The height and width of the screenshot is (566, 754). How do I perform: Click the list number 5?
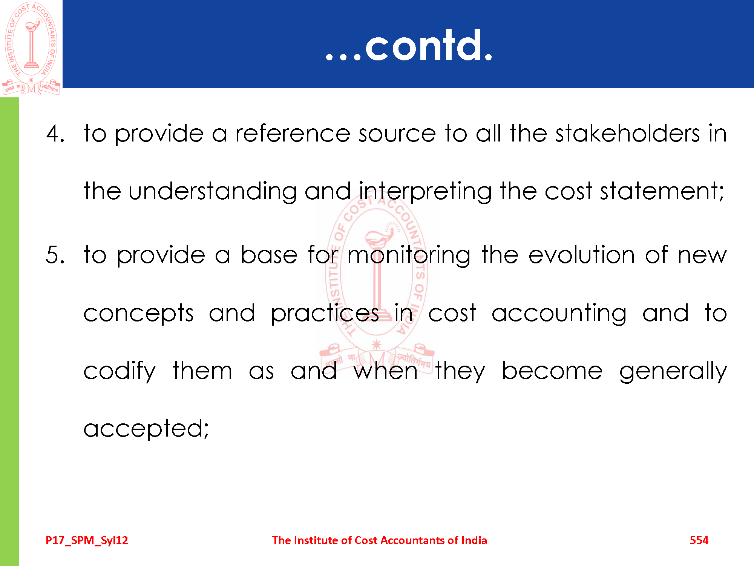click(x=55, y=255)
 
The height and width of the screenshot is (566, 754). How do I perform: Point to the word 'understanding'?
click(x=213, y=192)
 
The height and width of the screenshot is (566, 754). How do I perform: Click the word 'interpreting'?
click(x=425, y=192)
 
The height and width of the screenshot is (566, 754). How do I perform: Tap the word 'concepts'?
click(x=138, y=314)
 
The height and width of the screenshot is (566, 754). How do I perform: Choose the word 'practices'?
click(x=325, y=314)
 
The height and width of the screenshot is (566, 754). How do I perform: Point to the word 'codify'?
click(x=120, y=371)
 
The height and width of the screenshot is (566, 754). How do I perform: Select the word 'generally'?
click(x=673, y=371)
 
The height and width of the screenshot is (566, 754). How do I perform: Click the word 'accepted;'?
click(x=146, y=429)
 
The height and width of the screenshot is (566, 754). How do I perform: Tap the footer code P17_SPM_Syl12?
click(x=87, y=541)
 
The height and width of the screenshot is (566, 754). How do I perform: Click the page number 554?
click(x=699, y=540)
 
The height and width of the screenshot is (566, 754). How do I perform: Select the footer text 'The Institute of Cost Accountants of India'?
click(x=380, y=540)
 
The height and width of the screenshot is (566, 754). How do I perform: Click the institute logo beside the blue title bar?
click(x=31, y=48)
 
